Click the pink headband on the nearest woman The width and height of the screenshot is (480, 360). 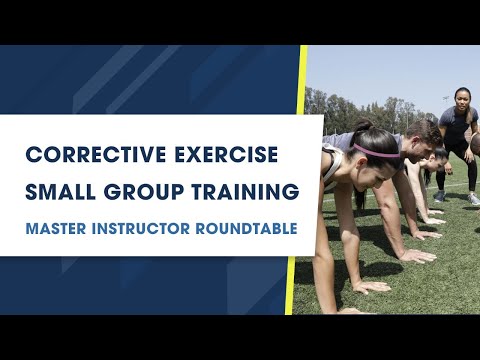pyautogui.click(x=371, y=151)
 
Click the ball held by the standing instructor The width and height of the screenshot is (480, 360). pyautogui.click(x=474, y=144)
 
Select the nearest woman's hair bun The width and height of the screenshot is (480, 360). pyautogui.click(x=360, y=127)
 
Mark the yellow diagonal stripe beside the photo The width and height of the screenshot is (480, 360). pyautogui.click(x=297, y=180)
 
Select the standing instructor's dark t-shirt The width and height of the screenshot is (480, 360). pyautogui.click(x=455, y=124)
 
